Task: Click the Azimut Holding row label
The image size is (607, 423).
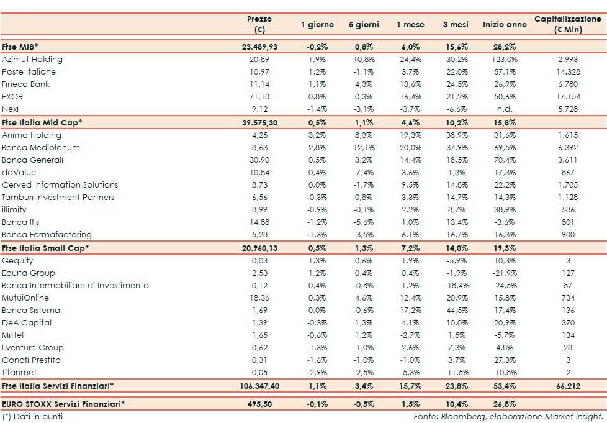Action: click(32, 60)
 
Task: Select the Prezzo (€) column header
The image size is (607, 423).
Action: click(259, 24)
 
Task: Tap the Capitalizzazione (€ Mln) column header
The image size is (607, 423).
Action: click(567, 24)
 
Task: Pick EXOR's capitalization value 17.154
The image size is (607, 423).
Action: click(567, 97)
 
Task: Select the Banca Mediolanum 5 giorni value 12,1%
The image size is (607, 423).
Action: click(364, 148)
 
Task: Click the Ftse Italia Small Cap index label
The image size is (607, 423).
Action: click(45, 248)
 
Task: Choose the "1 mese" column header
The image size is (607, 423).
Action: click(410, 25)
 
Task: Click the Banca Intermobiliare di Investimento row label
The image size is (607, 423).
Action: click(75, 286)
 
